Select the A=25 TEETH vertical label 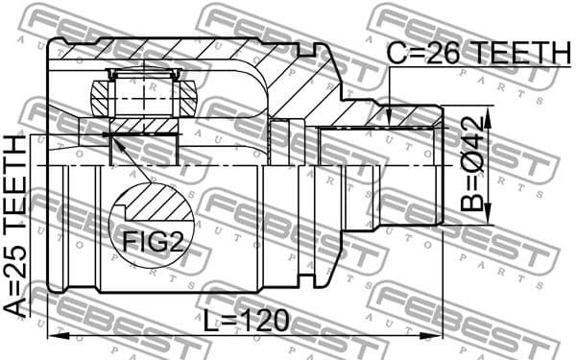click(16, 226)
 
